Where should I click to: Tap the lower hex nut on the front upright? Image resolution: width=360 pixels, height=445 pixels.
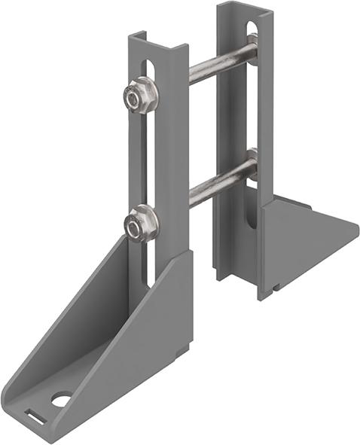coord(142,224)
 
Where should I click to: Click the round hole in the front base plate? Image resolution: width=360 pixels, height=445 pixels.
coord(60,399)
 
